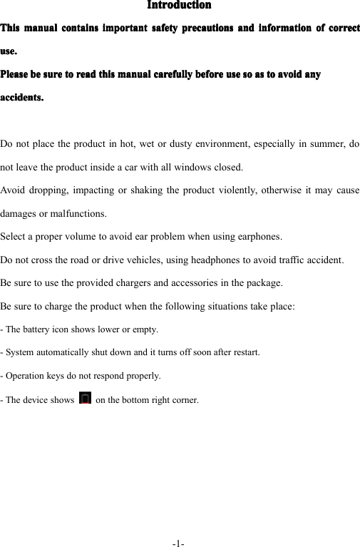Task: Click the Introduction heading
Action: (x=179, y=6)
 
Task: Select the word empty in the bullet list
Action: (x=145, y=329)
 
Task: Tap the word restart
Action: (x=243, y=352)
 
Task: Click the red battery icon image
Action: (x=86, y=397)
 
